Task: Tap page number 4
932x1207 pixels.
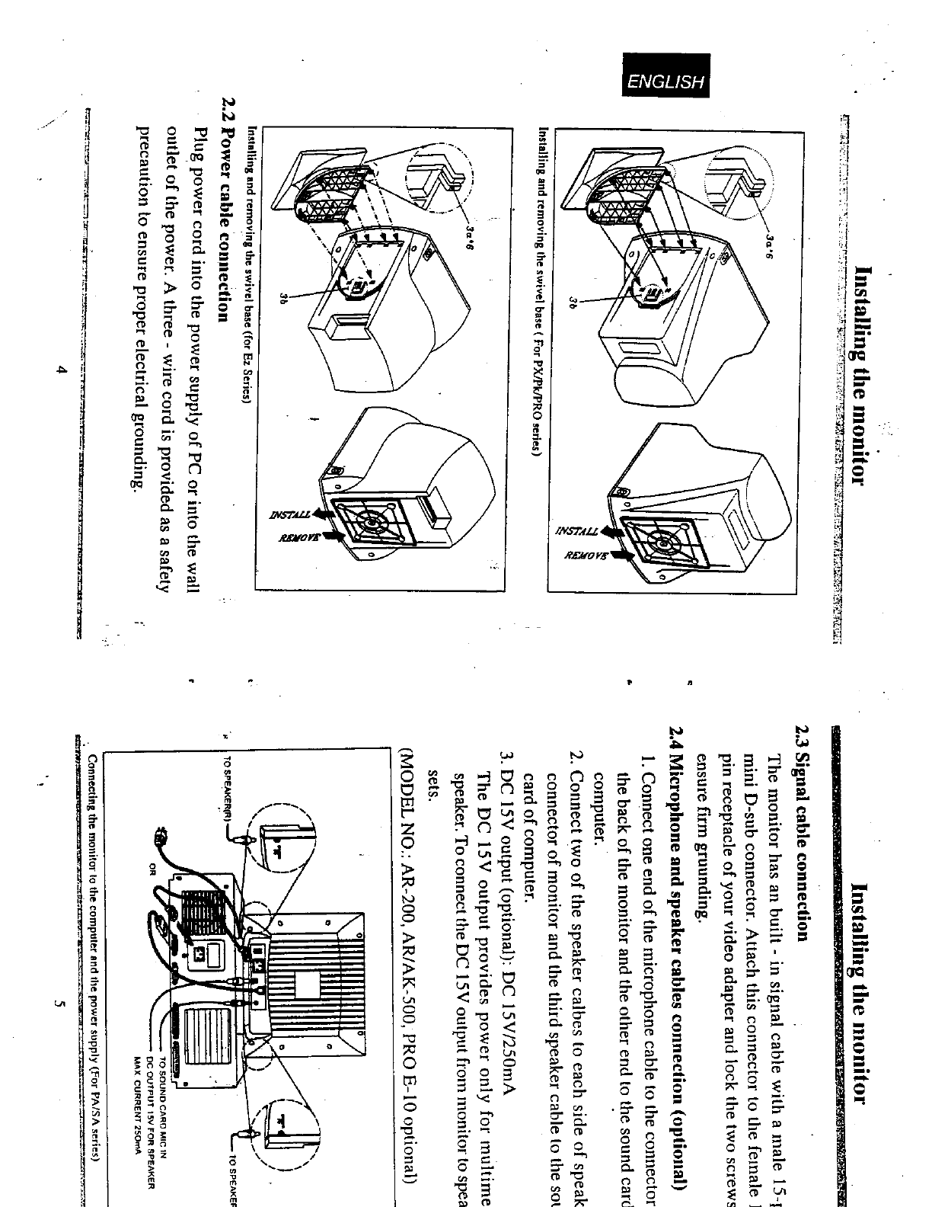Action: [64, 371]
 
